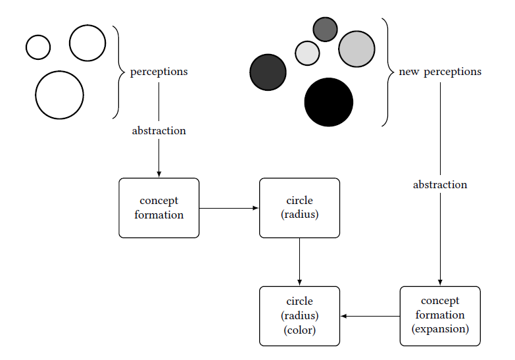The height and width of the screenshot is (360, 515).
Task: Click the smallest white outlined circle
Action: point(38,47)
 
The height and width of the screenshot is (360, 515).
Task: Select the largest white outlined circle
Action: point(59,95)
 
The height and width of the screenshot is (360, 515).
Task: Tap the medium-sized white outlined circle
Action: point(87,43)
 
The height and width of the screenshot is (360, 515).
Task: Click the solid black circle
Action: point(328,102)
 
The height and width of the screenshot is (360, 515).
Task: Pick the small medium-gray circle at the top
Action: point(325,29)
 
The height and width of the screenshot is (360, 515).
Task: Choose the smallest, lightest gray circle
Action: point(307,53)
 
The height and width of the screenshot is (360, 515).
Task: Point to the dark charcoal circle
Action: point(268,72)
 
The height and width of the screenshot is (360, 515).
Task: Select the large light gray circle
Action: point(356,49)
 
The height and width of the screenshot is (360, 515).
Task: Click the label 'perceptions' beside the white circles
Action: point(159,71)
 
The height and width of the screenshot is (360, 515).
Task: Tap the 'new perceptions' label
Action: point(440,71)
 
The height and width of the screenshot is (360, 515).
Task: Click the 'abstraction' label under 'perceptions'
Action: point(159,130)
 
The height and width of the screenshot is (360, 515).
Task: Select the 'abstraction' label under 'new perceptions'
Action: point(440,184)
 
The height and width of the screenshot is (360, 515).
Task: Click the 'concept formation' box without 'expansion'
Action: point(159,207)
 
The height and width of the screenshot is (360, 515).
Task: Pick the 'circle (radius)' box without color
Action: point(299,207)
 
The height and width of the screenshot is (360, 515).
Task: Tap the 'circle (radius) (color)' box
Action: point(299,316)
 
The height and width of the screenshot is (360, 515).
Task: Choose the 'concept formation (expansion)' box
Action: point(440,316)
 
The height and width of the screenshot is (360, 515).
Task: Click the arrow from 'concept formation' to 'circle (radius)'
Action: point(229,208)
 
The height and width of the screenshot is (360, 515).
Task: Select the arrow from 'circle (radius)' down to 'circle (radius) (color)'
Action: point(299,261)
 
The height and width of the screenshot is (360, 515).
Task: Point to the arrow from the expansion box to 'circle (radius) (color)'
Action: point(370,316)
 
